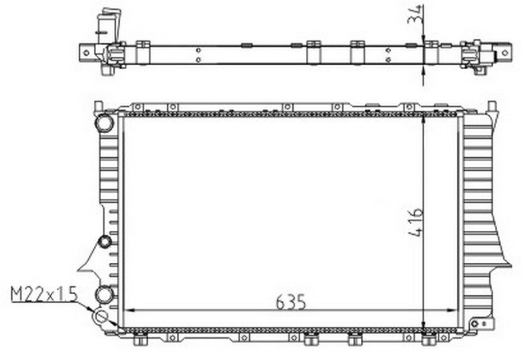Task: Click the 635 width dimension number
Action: [x=290, y=302]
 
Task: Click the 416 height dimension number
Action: [x=416, y=222]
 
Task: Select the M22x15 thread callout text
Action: [x=44, y=294]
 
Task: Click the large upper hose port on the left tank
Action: [x=104, y=123]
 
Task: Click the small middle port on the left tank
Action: [x=106, y=241]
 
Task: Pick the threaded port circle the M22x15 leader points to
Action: [x=101, y=316]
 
